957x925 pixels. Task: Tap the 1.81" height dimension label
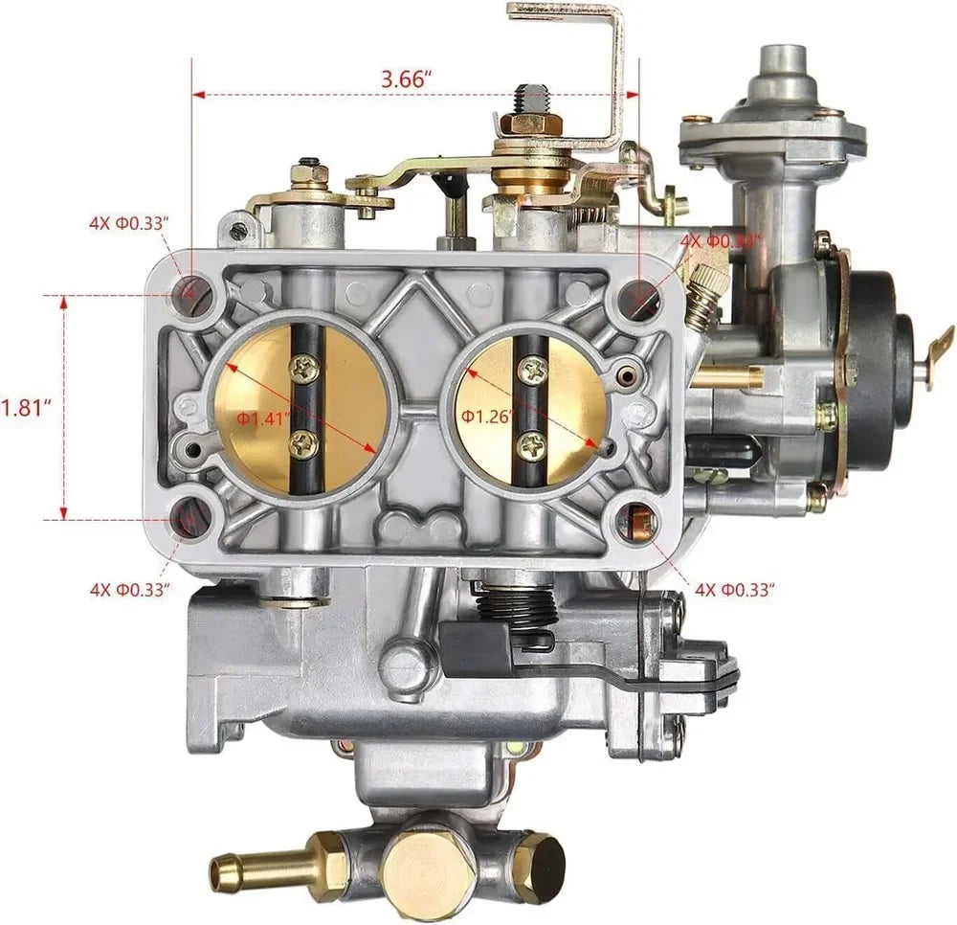[25, 407]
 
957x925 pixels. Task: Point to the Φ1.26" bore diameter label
[486, 416]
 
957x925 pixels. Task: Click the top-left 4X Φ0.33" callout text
[129, 223]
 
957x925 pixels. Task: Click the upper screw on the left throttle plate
[304, 366]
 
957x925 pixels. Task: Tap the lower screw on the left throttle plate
[304, 441]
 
